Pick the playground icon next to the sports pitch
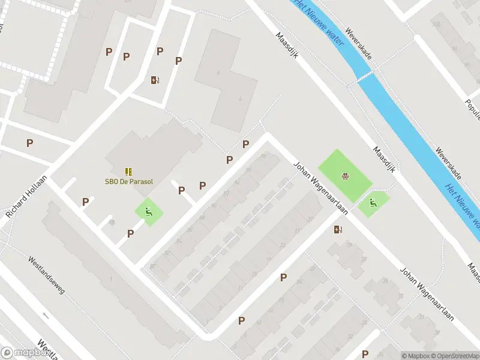coord(373,203)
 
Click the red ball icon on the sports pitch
coord(345,176)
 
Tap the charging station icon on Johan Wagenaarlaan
coord(338,229)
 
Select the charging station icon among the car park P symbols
coord(155,80)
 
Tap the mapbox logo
coord(26,352)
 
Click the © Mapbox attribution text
coord(415,356)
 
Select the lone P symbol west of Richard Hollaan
coord(29,143)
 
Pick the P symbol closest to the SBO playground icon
coord(130,233)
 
